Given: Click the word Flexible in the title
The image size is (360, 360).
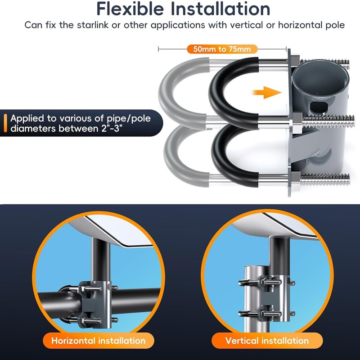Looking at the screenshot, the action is click(x=130, y=9).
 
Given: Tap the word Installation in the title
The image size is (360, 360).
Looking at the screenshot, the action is click(x=220, y=9).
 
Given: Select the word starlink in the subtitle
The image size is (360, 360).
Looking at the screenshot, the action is click(x=93, y=25).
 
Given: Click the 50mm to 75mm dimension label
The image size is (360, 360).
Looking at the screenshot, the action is click(x=222, y=49).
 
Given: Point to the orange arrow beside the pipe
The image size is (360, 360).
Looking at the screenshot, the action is click(x=267, y=93).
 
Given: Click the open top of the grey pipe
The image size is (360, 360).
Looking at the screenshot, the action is click(x=320, y=76).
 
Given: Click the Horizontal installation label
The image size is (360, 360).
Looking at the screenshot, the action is click(x=99, y=341).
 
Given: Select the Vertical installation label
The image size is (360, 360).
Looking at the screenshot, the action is click(x=267, y=341).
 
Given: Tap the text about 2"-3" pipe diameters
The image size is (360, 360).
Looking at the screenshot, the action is click(x=81, y=123).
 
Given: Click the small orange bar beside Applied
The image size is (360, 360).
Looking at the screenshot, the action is click(x=5, y=123).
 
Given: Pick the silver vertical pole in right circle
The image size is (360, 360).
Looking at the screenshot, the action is click(x=252, y=298).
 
